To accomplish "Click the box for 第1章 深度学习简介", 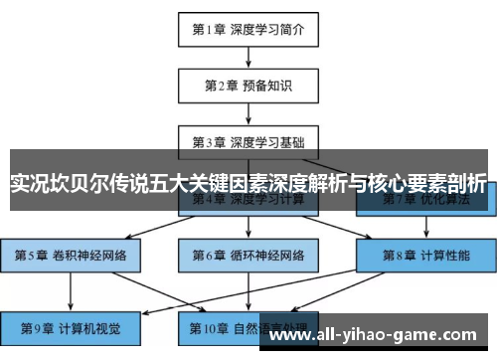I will (248, 30).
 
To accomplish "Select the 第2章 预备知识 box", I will (248, 85).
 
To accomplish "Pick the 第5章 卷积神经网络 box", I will (71, 255).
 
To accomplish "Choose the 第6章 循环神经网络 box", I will (248, 255).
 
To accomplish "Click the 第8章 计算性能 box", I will (424, 255).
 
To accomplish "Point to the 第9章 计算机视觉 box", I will (71, 326).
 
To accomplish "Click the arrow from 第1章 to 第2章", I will (248, 57).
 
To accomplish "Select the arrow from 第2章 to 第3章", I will (248, 111).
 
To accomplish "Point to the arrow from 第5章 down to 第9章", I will (71, 290).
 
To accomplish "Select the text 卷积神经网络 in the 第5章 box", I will (91, 255).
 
